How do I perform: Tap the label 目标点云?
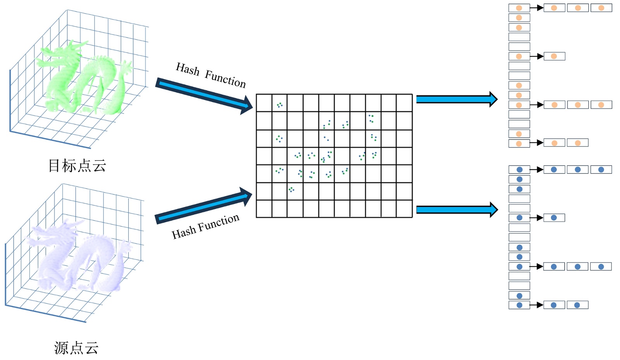[x=77, y=165]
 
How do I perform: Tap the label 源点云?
[x=76, y=348]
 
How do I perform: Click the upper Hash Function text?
[x=210, y=75]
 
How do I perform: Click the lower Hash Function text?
[x=205, y=227]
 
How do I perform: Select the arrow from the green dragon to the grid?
[x=203, y=95]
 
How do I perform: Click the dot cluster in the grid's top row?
[x=279, y=105]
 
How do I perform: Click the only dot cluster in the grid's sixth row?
[x=291, y=189]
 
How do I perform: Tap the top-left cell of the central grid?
[x=264, y=103]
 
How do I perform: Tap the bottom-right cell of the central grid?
[x=404, y=208]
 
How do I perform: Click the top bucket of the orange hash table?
[x=519, y=8]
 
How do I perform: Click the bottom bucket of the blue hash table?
[x=519, y=305]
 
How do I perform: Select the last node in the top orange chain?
[x=601, y=8]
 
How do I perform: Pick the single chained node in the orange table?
[x=554, y=56]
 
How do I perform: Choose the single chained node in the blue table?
[x=554, y=218]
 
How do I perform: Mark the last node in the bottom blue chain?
[x=577, y=305]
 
